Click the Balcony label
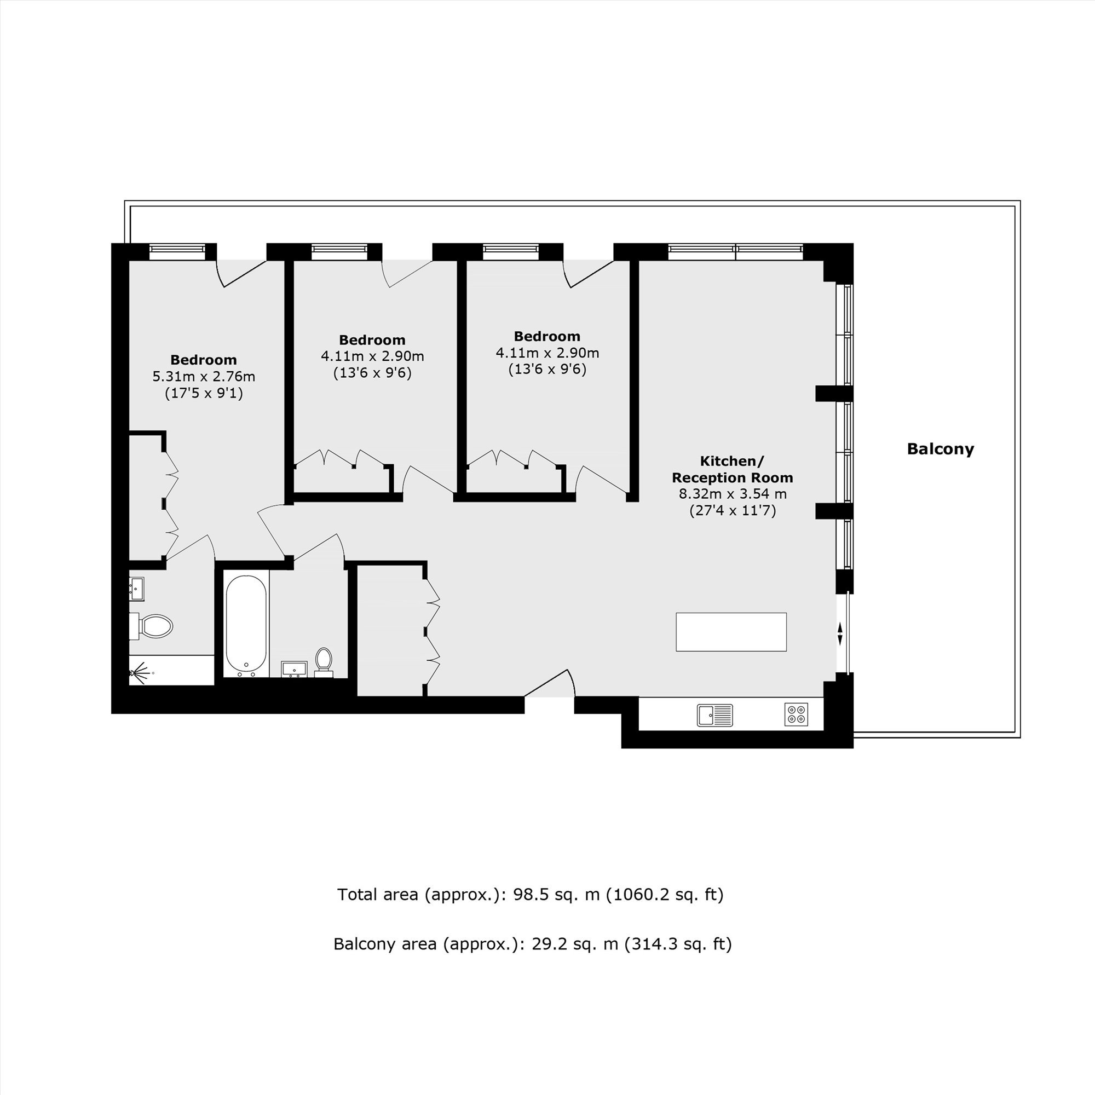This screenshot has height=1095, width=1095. click(940, 449)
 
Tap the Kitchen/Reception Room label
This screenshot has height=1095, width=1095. click(732, 469)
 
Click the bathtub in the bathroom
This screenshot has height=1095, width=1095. click(246, 623)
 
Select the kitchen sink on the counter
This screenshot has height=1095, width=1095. click(714, 714)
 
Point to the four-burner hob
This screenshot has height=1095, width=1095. click(796, 714)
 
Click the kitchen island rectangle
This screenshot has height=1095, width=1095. click(731, 632)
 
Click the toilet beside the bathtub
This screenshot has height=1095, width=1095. click(324, 662)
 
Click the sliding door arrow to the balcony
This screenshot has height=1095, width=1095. click(840, 633)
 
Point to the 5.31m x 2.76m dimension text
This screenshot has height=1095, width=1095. click(204, 376)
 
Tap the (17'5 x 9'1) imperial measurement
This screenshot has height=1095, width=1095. click(204, 393)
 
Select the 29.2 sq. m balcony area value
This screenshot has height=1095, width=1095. click(575, 944)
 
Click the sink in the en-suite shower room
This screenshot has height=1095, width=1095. click(136, 589)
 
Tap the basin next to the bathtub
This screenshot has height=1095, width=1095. click(294, 669)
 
